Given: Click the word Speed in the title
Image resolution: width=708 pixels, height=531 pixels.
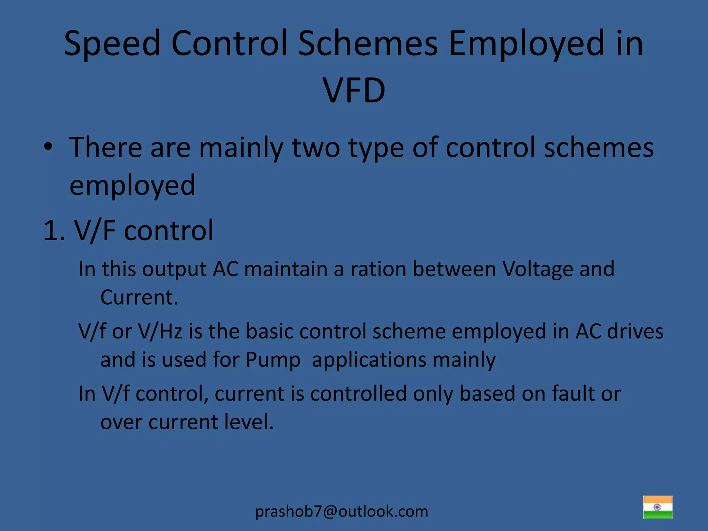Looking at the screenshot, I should click(112, 44).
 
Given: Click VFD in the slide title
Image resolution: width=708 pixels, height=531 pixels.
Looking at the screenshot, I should click(354, 91).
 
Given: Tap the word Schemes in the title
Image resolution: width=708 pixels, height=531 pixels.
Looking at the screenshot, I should click(368, 44).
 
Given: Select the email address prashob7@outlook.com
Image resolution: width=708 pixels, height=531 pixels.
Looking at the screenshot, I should click(342, 511).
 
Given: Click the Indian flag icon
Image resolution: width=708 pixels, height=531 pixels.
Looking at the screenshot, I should click(658, 507).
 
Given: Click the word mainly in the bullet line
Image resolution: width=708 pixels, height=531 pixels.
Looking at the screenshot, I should click(241, 148).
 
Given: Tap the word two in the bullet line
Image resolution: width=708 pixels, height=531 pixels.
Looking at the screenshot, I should click(316, 148).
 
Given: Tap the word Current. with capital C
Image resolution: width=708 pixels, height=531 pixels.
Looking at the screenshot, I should click(139, 297).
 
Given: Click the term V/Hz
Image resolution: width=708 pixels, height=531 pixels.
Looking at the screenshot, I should click(160, 331).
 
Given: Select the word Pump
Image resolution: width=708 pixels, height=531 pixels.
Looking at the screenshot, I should click(273, 360).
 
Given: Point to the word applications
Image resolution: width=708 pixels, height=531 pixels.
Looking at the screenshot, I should click(369, 360).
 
